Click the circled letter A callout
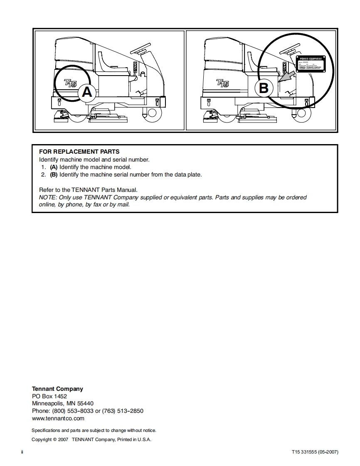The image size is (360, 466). point(86,92)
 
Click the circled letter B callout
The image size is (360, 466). point(264,88)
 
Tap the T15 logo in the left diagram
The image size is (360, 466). point(70,83)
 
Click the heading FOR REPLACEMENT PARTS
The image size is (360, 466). point(79,152)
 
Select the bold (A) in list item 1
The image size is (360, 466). point(54,167)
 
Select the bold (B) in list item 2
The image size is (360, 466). point(54,174)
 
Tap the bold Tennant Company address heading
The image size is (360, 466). point(57,389)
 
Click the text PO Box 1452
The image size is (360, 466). point(49,396)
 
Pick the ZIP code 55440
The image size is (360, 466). point(85,403)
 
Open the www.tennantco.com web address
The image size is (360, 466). point(58,418)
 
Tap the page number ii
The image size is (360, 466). point(22,451)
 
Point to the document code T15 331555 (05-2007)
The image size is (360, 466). point(315,451)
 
